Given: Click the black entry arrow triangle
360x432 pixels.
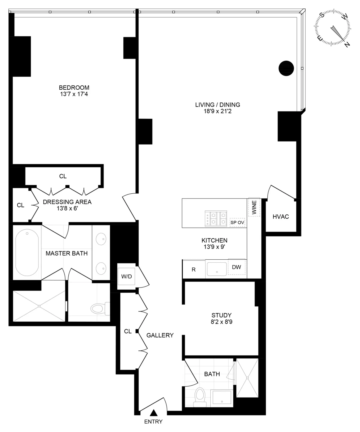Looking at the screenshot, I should click(154, 413).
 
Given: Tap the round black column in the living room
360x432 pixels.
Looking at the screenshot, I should click(286, 68).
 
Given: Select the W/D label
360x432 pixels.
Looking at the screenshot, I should click(126, 276).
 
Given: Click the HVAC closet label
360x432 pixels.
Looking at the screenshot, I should click(280, 216).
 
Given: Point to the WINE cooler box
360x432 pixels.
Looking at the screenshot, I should click(254, 207).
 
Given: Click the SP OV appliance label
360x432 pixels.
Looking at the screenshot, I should click(237, 222).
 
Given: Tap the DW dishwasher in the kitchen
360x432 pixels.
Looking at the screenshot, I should click(236, 267).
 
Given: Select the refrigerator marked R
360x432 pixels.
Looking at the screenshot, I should click(193, 270).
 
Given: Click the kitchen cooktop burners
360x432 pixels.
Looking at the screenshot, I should click(215, 218).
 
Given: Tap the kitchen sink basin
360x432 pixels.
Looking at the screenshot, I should click(217, 269).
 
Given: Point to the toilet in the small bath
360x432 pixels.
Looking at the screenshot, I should click(199, 395).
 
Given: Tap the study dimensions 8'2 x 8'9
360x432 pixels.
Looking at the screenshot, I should click(221, 322).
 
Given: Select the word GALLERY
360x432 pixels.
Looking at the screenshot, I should click(160, 335).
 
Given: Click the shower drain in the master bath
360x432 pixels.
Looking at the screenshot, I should click(39, 306).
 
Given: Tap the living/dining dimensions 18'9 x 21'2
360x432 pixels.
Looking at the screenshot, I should click(217, 112).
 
